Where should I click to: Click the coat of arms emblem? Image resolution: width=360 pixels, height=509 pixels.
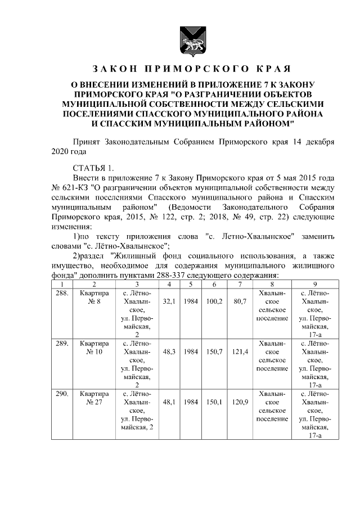coord(186,40)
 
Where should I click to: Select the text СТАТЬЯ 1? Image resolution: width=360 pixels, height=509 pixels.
coord(93,168)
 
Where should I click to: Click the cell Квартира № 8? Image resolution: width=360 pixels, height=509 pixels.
coord(94,298)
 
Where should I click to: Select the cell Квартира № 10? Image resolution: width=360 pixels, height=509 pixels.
coord(94,346)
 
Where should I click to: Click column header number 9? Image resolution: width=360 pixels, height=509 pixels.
coord(315,285)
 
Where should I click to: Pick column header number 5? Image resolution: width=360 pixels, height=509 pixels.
coord(191,285)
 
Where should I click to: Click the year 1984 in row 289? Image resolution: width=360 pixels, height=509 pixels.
coord(191,351)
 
